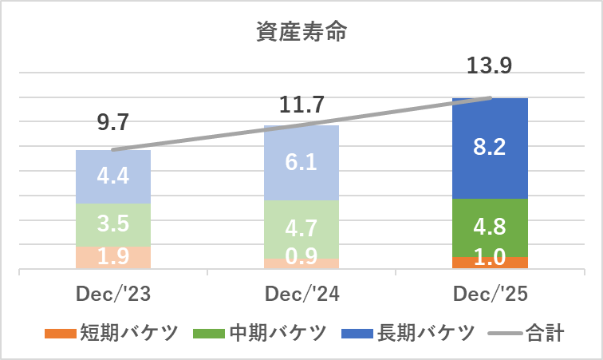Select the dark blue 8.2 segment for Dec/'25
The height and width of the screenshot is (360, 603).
[490, 148]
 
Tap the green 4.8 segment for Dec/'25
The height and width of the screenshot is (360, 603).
[490, 227]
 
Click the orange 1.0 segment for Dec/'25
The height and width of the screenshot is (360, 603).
[490, 263]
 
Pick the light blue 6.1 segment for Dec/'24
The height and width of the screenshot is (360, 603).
[301, 163]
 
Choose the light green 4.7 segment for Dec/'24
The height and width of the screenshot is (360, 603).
[301, 229]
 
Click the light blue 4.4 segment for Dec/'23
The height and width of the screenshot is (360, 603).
[112, 176]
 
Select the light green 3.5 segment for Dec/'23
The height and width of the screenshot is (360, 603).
[112, 225]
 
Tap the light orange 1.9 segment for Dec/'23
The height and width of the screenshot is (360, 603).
[112, 258]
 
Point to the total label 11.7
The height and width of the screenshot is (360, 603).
[301, 104]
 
